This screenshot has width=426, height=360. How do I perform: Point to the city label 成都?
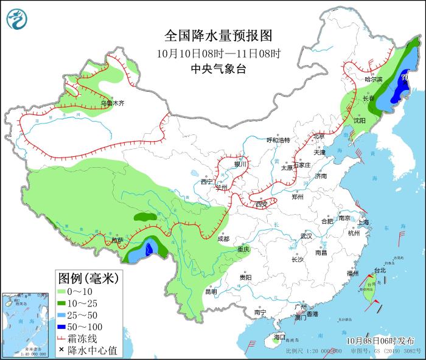[225, 238]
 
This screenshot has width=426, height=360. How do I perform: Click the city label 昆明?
[211, 291]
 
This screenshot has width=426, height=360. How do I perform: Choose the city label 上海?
[364, 223]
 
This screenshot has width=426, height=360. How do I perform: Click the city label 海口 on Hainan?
[279, 336]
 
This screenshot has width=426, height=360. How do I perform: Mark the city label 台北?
[379, 270]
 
